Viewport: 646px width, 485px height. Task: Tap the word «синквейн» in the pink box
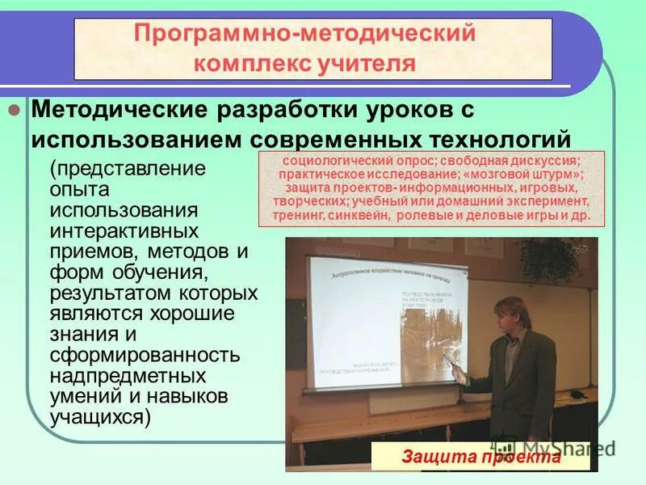tap(361, 217)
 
